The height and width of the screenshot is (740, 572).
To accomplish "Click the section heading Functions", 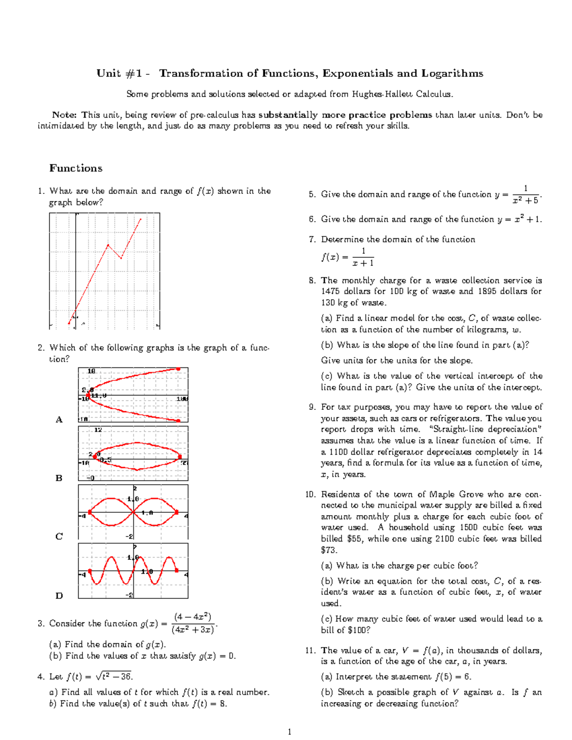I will point(76,168).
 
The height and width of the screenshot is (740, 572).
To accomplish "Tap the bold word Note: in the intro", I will point(64,115).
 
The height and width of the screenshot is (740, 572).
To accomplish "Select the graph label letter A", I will point(59,419).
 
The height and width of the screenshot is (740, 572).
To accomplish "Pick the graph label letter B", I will point(59,478).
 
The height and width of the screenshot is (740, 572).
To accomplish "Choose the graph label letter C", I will point(59,537).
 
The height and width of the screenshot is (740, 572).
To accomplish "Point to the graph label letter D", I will point(59,595).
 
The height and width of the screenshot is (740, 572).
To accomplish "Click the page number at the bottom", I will point(289,732).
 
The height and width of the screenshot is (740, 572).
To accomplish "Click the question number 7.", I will point(312,239).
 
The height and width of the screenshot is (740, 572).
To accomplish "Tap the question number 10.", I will point(310,494).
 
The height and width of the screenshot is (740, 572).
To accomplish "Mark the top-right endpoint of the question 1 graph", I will point(141,219).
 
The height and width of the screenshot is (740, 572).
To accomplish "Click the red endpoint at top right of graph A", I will point(178,369).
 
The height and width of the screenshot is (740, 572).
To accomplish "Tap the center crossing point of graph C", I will point(133,512).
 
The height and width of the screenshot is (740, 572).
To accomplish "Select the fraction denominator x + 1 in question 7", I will point(363,263).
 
